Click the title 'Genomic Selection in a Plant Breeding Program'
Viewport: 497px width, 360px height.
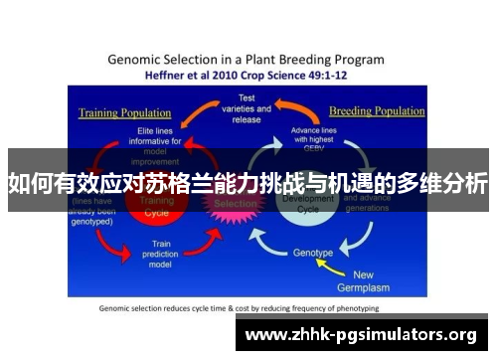coord(248,59)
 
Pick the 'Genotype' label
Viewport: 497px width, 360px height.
coord(313,253)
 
